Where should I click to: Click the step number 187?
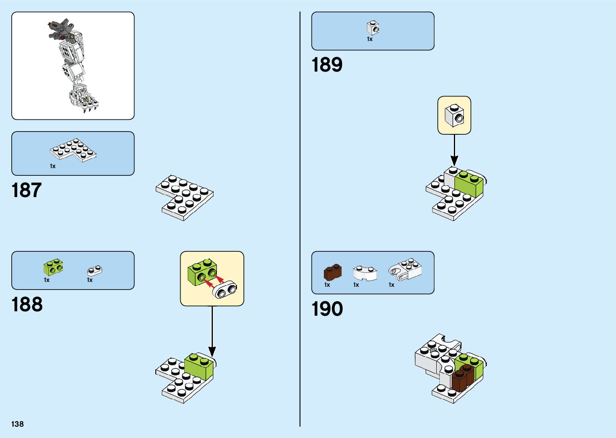pyautogui.click(x=27, y=190)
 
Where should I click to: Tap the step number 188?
pyautogui.click(x=27, y=305)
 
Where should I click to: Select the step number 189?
pyautogui.click(x=327, y=65)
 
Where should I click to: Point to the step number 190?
pyautogui.click(x=327, y=309)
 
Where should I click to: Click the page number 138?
pyautogui.click(x=18, y=424)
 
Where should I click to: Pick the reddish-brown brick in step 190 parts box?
pyautogui.click(x=333, y=272)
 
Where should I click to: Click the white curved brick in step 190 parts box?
pyautogui.click(x=365, y=273)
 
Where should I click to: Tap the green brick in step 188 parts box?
pyautogui.click(x=53, y=267)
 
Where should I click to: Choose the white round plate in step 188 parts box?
pyautogui.click(x=95, y=271)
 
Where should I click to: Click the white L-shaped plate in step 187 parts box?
pyautogui.click(x=73, y=150)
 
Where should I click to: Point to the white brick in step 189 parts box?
pyautogui.click(x=373, y=28)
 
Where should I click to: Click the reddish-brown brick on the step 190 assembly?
pyautogui.click(x=463, y=378)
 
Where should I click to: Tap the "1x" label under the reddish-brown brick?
pyautogui.click(x=327, y=285)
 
